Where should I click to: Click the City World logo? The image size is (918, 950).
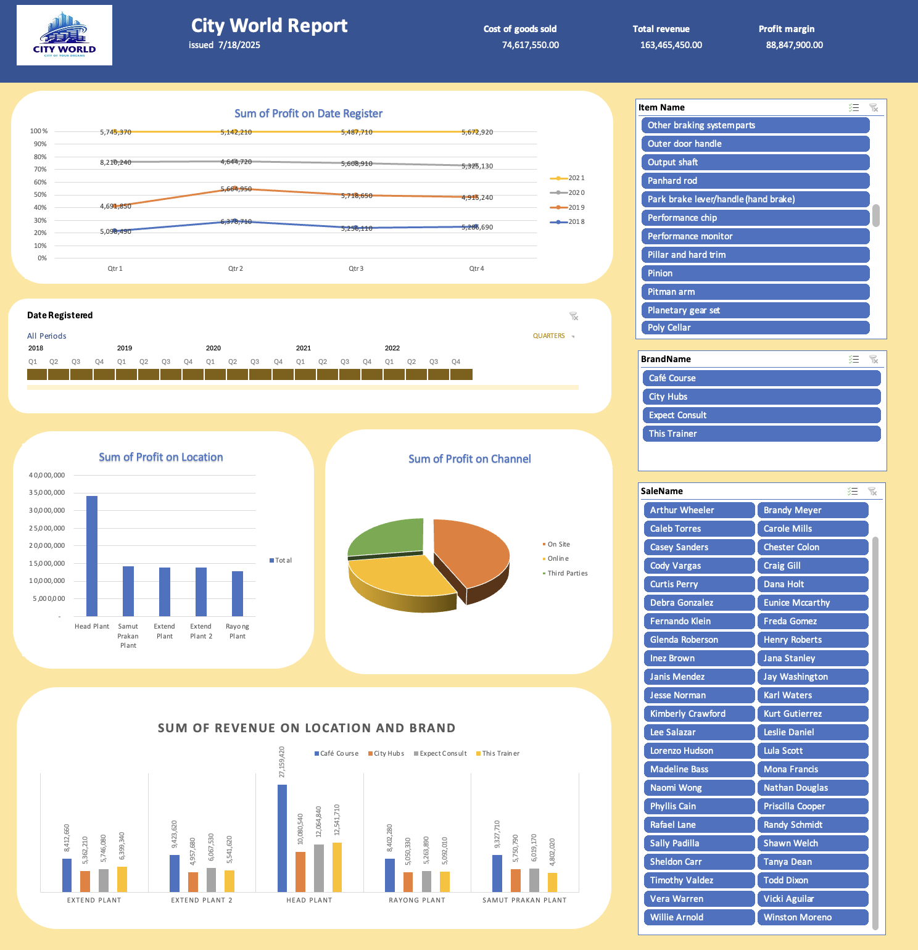[64, 35]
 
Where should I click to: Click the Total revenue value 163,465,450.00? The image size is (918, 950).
[671, 45]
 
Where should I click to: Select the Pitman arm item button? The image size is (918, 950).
[755, 292]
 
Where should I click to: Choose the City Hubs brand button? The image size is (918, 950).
[761, 397]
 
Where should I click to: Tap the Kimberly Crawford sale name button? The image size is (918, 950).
[699, 714]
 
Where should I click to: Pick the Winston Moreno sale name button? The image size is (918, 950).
[813, 917]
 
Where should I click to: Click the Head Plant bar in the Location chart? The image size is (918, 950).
[92, 556]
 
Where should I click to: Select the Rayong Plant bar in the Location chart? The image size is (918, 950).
[238, 593]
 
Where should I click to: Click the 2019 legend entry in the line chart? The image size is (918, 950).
[567, 207]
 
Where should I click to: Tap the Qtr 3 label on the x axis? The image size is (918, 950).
[356, 268]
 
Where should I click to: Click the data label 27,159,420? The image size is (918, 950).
[282, 762]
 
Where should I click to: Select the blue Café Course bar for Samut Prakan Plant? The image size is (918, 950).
[497, 874]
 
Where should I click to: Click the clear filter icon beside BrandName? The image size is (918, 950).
[873, 359]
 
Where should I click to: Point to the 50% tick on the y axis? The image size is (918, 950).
[40, 195]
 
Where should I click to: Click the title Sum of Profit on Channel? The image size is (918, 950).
[469, 459]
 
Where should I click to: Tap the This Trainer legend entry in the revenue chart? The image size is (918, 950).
[498, 753]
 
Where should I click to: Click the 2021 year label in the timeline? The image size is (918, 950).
[304, 348]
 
